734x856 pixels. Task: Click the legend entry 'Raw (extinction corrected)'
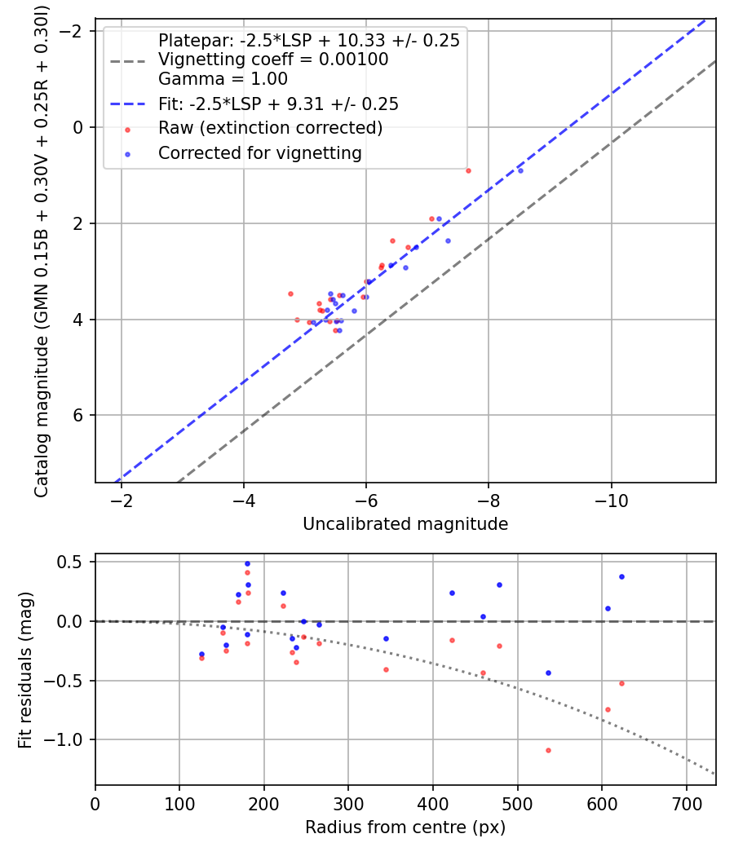coord(270,128)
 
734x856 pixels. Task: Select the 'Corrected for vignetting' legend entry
coord(259,152)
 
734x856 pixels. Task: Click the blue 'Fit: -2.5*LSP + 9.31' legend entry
coord(278,104)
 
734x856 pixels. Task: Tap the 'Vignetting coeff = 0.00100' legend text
coord(273,60)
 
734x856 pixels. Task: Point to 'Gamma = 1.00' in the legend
coord(223,79)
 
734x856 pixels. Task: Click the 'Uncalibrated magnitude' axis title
coord(405,524)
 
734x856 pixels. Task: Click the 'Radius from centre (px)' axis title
coord(405,827)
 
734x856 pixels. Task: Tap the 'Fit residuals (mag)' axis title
coord(25,669)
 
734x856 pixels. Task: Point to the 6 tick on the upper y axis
coord(79,416)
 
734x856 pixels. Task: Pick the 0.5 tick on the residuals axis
coord(74,562)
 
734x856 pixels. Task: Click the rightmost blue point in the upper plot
coord(520,170)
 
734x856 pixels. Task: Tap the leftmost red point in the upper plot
coord(290,293)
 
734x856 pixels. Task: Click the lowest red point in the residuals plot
coord(548,750)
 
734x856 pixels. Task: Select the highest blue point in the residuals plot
coord(247,563)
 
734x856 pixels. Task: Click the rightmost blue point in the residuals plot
coord(621,576)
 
